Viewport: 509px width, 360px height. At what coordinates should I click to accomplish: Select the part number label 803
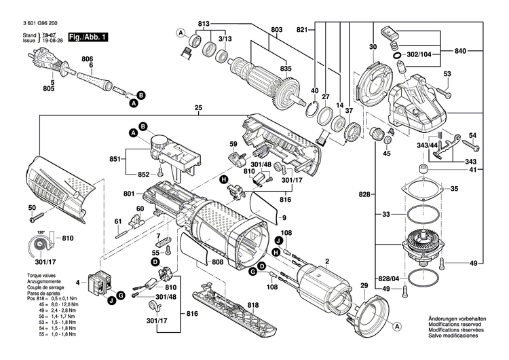[x=276, y=29]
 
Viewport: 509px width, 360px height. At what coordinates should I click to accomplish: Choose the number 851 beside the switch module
[x=115, y=160]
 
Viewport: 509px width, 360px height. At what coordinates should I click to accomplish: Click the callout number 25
[x=198, y=108]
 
